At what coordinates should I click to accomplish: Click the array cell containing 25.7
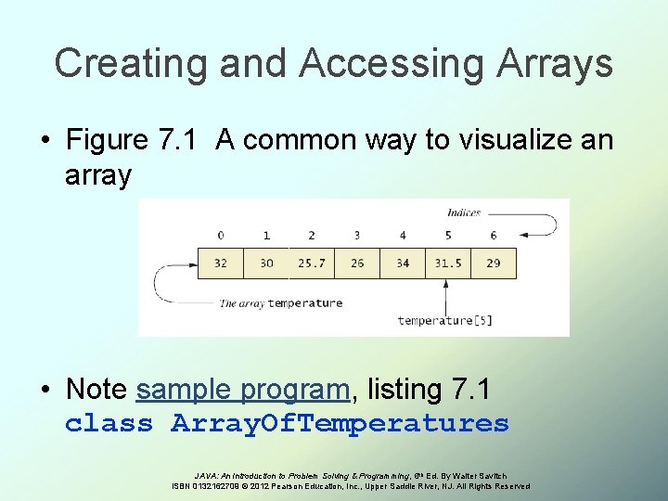(x=312, y=263)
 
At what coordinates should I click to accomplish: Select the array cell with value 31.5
(x=448, y=263)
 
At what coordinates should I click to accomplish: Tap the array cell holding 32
(x=221, y=263)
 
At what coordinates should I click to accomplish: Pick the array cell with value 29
(x=494, y=263)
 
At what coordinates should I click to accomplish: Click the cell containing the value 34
(x=403, y=263)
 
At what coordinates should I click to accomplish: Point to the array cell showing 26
(x=357, y=263)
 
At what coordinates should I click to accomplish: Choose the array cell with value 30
(x=266, y=263)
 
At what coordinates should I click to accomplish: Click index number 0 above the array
(x=221, y=236)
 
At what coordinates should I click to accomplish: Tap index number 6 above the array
(x=494, y=236)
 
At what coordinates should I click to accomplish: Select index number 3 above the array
(x=357, y=236)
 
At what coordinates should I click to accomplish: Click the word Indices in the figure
(x=464, y=213)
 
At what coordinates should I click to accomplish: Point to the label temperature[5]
(x=444, y=321)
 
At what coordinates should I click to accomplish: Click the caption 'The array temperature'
(x=280, y=303)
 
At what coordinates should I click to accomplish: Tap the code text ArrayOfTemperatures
(x=340, y=424)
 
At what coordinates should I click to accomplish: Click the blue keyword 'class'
(x=109, y=424)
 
